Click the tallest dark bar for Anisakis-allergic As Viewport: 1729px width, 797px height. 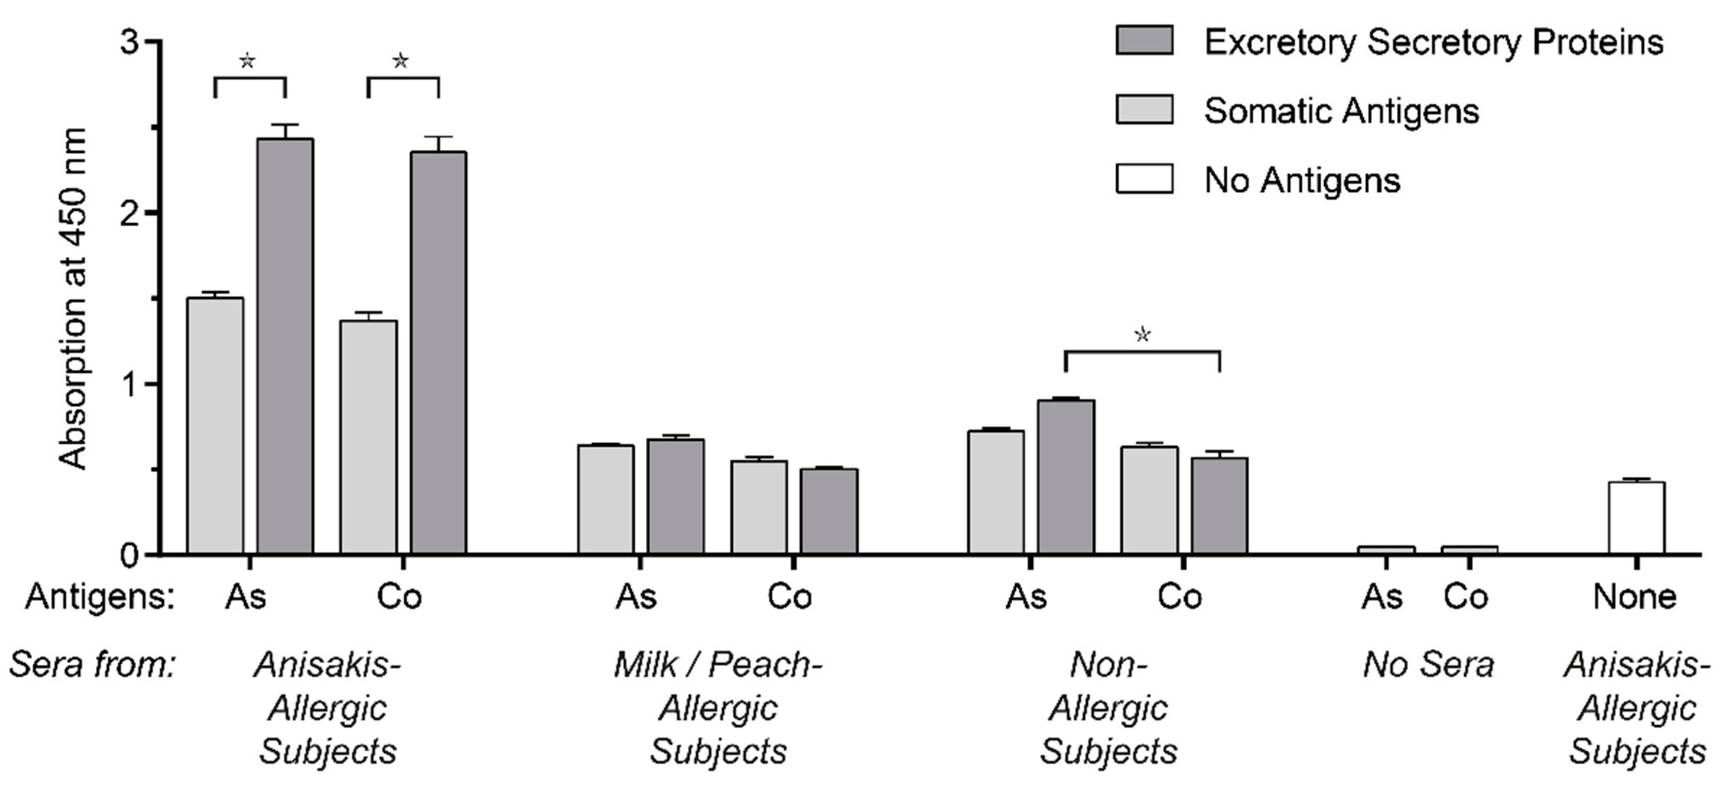click(x=285, y=345)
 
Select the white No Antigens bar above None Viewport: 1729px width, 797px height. click(x=1636, y=517)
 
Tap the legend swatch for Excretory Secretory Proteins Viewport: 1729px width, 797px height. click(x=1144, y=40)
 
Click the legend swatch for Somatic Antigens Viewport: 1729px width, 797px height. click(x=1144, y=109)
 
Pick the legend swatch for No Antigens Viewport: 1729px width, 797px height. click(x=1144, y=178)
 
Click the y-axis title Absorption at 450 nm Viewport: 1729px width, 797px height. click(x=72, y=299)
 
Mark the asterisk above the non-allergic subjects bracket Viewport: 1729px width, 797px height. click(x=1142, y=334)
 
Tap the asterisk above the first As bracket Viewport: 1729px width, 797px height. click(x=248, y=61)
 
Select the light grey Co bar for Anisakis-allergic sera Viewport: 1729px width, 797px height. click(x=368, y=437)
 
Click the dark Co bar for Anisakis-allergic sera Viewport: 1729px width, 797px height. click(x=438, y=352)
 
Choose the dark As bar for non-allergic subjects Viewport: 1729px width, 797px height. click(x=1066, y=476)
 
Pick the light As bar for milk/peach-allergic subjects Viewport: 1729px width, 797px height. click(x=606, y=499)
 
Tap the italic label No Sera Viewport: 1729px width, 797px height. click(x=1428, y=665)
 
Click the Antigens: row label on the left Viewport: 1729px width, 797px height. click(x=99, y=596)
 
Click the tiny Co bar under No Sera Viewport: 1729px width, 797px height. click(x=1469, y=549)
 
